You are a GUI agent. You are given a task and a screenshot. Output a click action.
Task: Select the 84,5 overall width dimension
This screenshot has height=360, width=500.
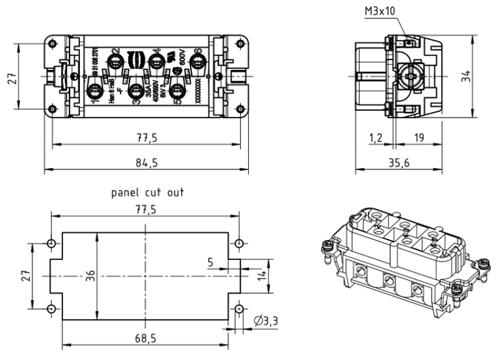pos(146,162)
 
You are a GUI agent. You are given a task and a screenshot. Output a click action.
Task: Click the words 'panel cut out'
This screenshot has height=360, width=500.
pos(147,192)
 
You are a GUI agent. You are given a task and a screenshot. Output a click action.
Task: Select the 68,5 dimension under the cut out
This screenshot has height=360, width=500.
pos(146,338)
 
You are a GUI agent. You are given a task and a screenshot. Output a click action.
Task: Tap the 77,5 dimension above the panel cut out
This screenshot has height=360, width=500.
pos(145,209)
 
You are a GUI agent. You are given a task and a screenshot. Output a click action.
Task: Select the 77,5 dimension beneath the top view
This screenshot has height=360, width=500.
pos(146,137)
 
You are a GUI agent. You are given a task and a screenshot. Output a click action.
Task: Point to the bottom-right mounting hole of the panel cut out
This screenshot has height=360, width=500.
pos(239,308)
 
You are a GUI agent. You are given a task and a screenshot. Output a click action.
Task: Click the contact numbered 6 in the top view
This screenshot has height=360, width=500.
pos(198,61)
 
